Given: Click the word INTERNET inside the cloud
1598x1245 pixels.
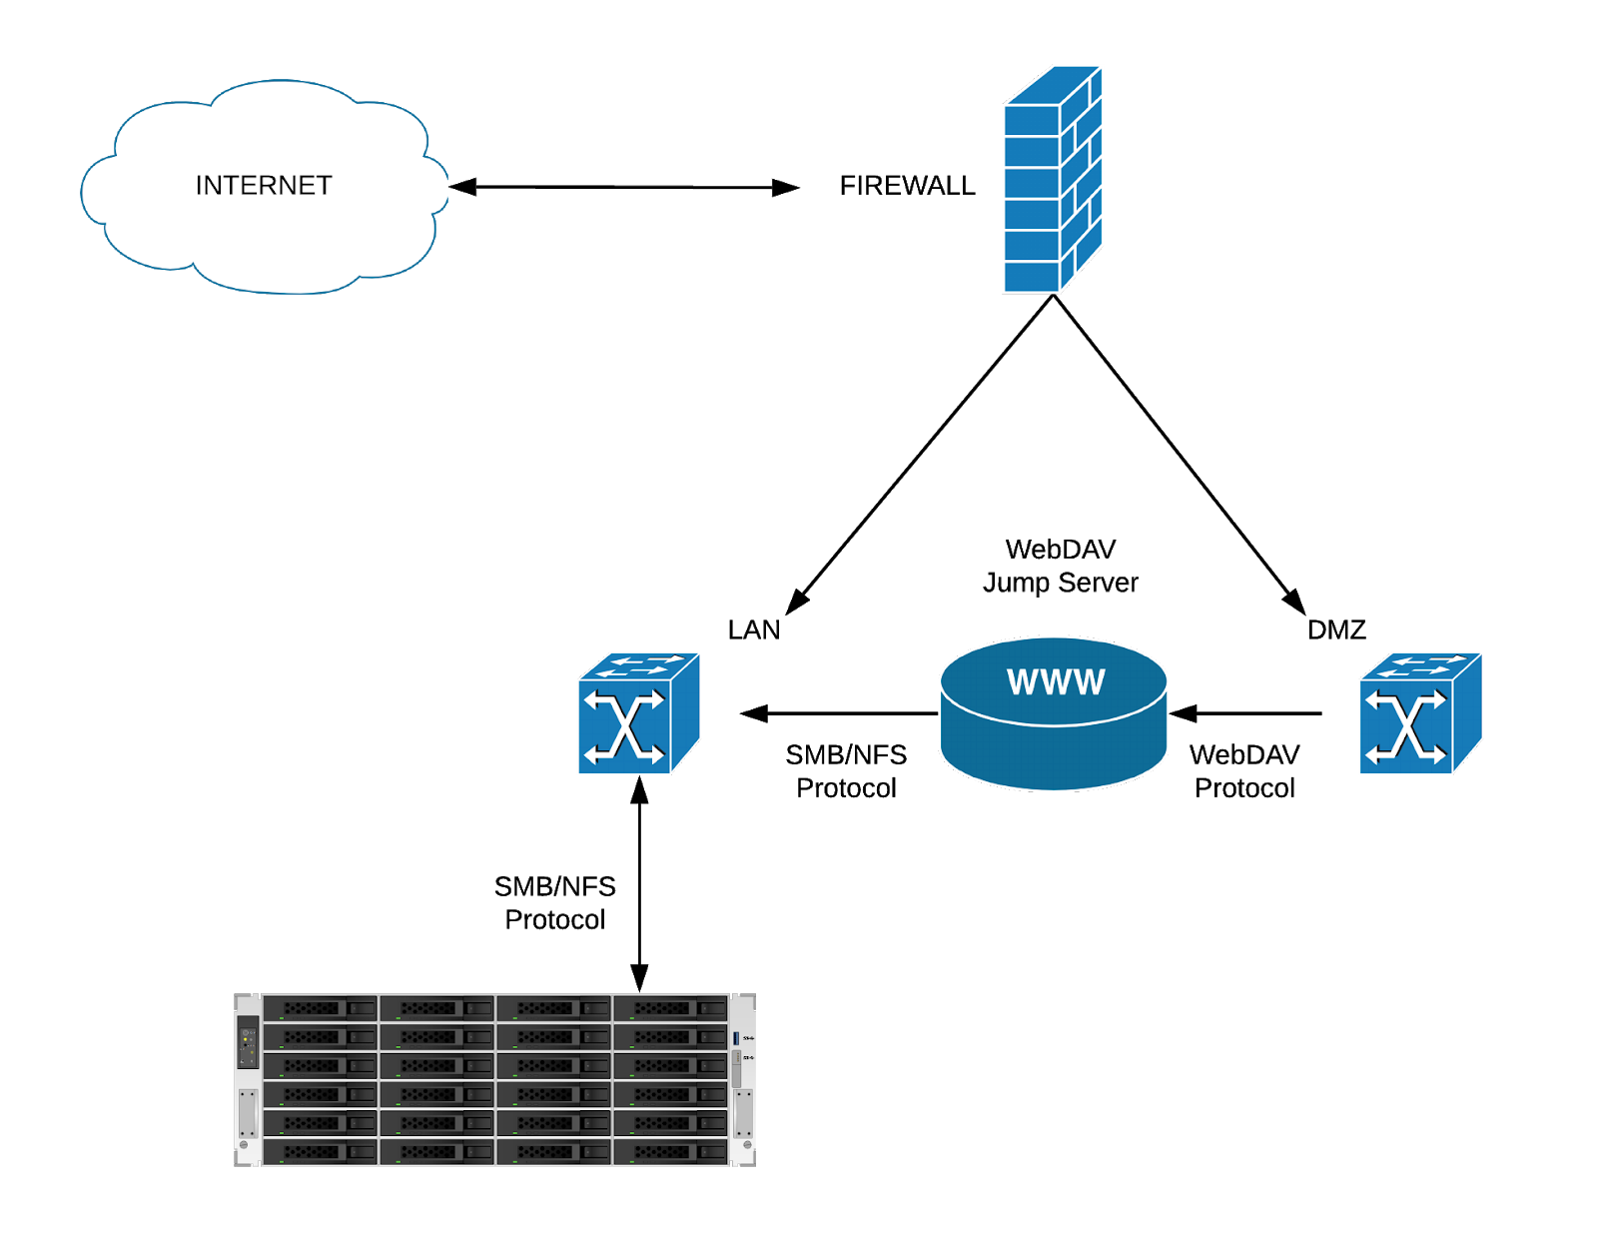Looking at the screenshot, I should click(263, 186).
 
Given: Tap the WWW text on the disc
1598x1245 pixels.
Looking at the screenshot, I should click(1055, 682).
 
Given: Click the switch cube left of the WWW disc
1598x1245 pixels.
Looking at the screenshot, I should click(637, 714).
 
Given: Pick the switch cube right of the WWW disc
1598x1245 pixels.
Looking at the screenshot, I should click(1419, 714).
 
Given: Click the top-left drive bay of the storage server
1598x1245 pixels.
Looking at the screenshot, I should click(320, 1008).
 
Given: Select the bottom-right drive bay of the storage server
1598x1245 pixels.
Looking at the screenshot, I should click(670, 1153).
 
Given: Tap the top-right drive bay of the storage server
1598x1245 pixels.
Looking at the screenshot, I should click(670, 1008).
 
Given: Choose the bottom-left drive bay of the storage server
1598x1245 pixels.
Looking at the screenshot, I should click(320, 1153).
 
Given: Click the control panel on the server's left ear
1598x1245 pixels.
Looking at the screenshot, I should click(248, 1042).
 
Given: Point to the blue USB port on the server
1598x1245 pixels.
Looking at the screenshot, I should click(737, 1039).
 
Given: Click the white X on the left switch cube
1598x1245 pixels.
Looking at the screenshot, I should click(624, 726).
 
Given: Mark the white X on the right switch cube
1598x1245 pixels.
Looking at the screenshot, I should click(1406, 726).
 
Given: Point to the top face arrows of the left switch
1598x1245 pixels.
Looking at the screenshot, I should click(644, 665).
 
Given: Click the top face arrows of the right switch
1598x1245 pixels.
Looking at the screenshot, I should click(1426, 665).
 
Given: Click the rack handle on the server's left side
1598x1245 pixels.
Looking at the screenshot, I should click(248, 1112).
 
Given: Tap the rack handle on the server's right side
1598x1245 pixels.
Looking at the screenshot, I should click(743, 1112).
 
